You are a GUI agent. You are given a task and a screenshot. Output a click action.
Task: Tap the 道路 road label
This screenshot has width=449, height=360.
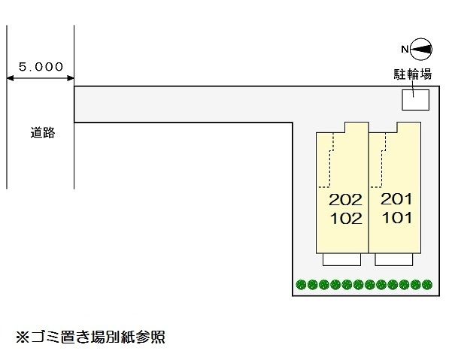(x=43, y=133)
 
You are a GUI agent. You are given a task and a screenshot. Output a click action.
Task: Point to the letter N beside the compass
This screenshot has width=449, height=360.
(x=405, y=50)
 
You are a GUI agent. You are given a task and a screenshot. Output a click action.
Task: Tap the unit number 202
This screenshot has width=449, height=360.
(x=346, y=200)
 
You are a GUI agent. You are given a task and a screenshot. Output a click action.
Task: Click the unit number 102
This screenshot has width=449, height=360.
(x=346, y=219)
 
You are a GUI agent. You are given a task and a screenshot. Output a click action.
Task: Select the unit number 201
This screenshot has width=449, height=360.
(x=397, y=200)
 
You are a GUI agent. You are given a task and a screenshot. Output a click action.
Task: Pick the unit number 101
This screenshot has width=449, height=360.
(x=397, y=219)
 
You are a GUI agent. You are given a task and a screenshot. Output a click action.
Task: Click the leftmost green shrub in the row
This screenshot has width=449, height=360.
(x=301, y=285)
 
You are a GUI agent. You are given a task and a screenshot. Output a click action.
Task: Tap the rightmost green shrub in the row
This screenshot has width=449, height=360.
(x=427, y=285)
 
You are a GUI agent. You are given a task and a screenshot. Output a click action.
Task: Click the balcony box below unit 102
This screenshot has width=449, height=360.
(x=342, y=259)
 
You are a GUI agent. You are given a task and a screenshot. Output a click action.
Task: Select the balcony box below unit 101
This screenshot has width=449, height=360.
(x=395, y=259)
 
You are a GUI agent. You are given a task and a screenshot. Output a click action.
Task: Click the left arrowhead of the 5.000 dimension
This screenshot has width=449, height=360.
(x=10, y=77)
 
